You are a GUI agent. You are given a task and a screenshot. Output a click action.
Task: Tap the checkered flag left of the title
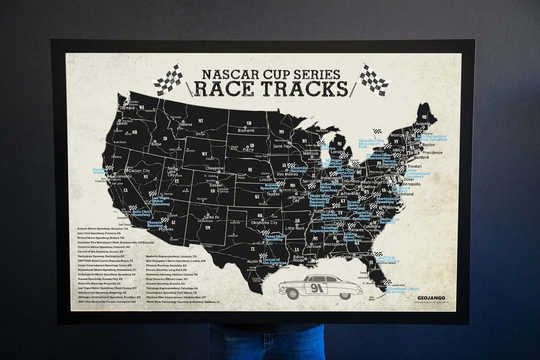pyautogui.click(x=168, y=79)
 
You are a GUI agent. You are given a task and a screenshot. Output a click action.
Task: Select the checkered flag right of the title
pyautogui.click(x=373, y=79)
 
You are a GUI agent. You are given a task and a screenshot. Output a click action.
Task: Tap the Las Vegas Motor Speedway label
pyautogui.click(x=161, y=201)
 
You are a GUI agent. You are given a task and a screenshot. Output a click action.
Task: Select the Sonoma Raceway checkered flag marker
pyautogui.click(x=109, y=168)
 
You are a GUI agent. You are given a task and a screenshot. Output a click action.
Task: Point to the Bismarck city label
pyautogui.click(x=246, y=130)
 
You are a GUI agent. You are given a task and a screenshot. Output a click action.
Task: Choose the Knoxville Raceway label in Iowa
pyautogui.click(x=298, y=169)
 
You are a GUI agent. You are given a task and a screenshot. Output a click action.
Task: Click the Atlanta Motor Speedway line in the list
pyautogui.click(x=102, y=228)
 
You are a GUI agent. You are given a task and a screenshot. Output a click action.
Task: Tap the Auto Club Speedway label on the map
pyautogui.click(x=141, y=212)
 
